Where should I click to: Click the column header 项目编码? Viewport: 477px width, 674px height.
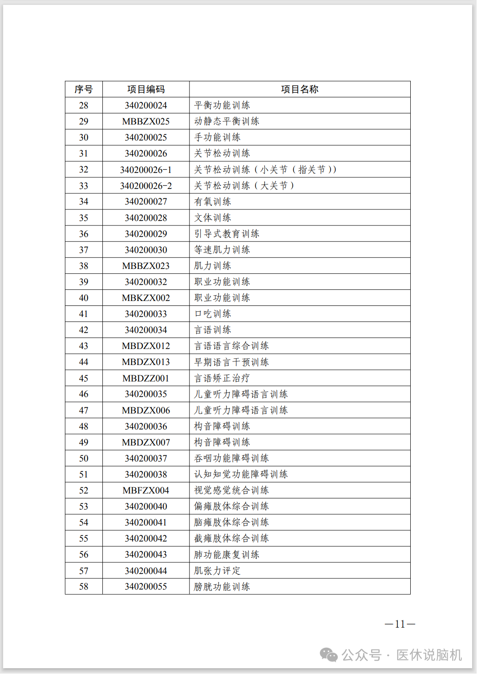click(x=146, y=89)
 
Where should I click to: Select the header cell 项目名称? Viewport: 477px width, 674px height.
click(x=299, y=89)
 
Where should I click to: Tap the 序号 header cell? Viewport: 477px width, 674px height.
click(x=84, y=89)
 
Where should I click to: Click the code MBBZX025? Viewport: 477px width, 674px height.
click(x=146, y=121)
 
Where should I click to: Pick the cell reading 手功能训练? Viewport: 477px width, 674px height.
click(x=218, y=137)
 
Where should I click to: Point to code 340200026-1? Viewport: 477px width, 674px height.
click(x=146, y=170)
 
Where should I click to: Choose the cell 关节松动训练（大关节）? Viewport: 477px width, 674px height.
click(x=244, y=186)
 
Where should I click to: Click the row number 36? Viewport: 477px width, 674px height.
click(x=84, y=234)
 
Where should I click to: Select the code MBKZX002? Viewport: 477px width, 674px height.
click(x=146, y=298)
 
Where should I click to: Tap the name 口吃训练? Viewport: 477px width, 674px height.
click(x=213, y=314)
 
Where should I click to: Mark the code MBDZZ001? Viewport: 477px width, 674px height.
click(x=146, y=378)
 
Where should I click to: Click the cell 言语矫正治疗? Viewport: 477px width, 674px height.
click(x=222, y=378)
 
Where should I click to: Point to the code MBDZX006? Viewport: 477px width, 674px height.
click(x=146, y=410)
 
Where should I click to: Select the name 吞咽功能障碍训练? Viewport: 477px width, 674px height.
click(x=231, y=458)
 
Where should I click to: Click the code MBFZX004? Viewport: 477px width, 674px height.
click(x=146, y=490)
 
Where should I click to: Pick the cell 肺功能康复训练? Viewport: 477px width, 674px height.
click(x=226, y=554)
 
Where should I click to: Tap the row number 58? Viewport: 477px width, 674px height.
click(x=84, y=586)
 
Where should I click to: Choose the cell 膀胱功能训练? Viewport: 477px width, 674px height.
click(x=222, y=586)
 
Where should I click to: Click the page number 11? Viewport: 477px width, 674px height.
click(x=400, y=624)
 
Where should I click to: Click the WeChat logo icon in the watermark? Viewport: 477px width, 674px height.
click(x=329, y=654)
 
